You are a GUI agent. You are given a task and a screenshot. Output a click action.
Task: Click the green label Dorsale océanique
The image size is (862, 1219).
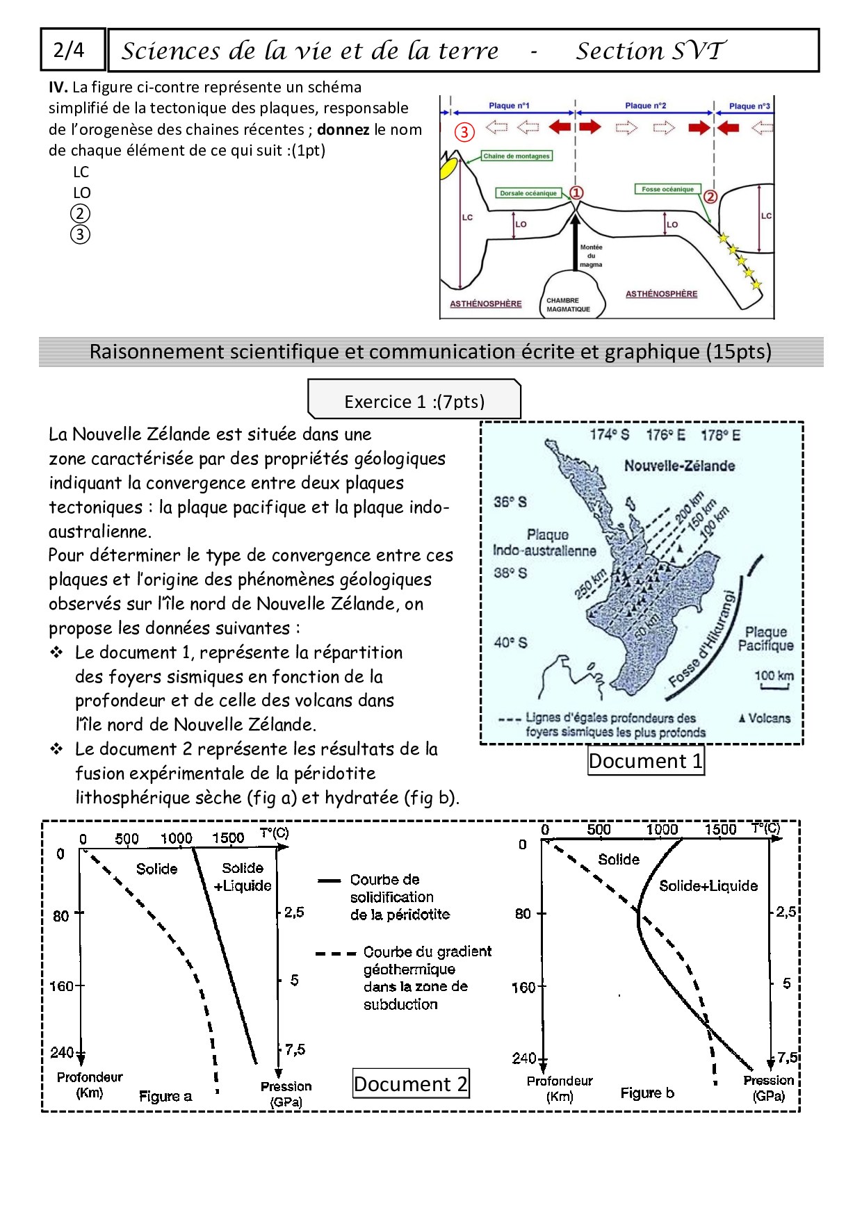pos(529,193)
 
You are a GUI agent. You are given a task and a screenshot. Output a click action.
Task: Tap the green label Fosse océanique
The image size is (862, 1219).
pos(667,189)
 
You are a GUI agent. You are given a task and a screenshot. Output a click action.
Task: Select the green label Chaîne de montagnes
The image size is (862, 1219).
pos(517,156)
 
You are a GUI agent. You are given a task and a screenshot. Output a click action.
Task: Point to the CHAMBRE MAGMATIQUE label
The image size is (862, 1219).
pos(568,305)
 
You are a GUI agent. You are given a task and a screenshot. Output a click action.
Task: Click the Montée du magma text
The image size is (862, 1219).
pos(591,256)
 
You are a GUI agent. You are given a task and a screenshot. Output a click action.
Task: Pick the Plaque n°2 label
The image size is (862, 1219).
pos(645,106)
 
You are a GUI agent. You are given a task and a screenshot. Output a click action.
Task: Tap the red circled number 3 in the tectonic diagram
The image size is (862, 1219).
pos(464,131)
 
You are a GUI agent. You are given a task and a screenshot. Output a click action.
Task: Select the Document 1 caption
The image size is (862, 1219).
pos(646,761)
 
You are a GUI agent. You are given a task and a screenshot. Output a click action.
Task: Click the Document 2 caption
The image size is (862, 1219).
pos(411,1083)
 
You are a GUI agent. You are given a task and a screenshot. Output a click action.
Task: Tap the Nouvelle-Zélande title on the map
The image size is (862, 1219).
pos(679,466)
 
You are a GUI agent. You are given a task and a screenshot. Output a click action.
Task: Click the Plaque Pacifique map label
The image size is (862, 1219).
pos(765,639)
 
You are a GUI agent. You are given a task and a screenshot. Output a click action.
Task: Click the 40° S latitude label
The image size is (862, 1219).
pos(511,643)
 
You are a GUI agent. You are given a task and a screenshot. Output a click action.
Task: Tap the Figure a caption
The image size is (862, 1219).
pos(165,1096)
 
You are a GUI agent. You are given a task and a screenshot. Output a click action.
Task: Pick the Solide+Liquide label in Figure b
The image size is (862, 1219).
pos(708,885)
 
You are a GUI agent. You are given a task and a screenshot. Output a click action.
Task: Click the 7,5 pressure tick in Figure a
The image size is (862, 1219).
pos(294,1049)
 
